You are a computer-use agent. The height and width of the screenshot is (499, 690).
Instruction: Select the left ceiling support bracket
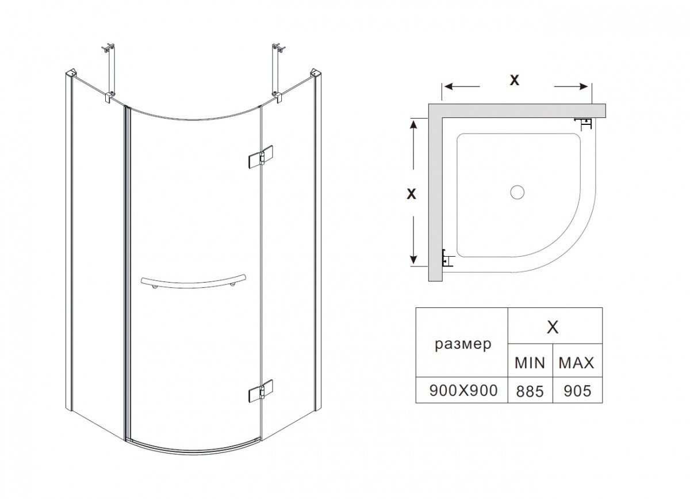[109, 72]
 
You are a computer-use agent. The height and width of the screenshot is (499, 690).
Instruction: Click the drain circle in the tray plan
[517, 192]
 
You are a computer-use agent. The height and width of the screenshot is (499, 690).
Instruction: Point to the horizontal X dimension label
[515, 81]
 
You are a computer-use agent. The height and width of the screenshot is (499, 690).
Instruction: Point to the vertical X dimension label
[411, 194]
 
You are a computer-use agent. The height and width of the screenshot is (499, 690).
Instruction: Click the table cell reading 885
[530, 391]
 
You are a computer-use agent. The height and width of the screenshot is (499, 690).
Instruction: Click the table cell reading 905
[577, 391]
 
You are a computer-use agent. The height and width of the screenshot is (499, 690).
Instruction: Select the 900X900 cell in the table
[463, 391]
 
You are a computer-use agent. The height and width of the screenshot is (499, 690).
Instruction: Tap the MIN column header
[530, 363]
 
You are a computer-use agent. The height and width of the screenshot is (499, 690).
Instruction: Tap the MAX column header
[577, 363]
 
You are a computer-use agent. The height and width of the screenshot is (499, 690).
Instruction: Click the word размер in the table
[463, 344]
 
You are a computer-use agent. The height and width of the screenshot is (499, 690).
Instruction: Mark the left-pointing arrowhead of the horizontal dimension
[447, 87]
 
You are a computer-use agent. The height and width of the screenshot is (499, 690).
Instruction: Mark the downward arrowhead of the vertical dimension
[413, 262]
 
